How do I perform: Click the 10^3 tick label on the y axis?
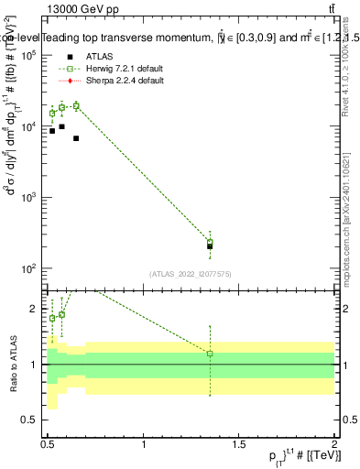pos(29,198)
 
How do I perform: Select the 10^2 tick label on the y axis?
pos(29,268)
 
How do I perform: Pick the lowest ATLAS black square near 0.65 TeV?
pos(76,138)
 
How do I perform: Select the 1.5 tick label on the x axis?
pos(239,444)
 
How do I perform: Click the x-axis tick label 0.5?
pos(48,444)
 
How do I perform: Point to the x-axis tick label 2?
pos(334,444)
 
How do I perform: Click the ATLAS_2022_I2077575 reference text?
pos(190,274)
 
